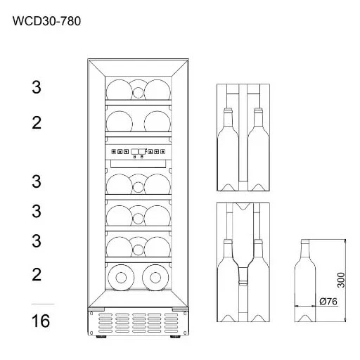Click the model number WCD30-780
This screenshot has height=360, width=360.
pyautogui.click(x=46, y=21)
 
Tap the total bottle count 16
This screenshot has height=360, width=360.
pyautogui.click(x=41, y=321)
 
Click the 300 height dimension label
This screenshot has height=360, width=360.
pyautogui.click(x=341, y=280)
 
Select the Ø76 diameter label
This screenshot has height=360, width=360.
pyautogui.click(x=328, y=302)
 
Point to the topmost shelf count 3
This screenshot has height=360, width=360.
pyautogui.click(x=37, y=87)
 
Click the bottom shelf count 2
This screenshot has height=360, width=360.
pyautogui.click(x=37, y=274)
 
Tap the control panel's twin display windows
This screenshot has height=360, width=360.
pyautogui.click(x=138, y=151)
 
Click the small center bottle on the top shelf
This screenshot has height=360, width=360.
pyautogui.click(x=138, y=92)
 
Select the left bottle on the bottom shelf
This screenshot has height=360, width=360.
pyautogui.click(x=121, y=278)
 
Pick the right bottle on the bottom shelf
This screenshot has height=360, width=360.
pyautogui.click(x=155, y=278)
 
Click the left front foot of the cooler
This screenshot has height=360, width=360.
pyautogui.click(x=101, y=337)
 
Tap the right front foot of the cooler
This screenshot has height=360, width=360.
pyautogui.click(x=175, y=337)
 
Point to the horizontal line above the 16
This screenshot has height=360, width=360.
pyautogui.click(x=43, y=304)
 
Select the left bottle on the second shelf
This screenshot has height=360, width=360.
pyautogui.click(x=120, y=122)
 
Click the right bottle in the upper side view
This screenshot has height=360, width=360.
pyautogui.click(x=258, y=149)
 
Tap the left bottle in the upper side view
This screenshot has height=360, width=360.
pyautogui.click(x=228, y=149)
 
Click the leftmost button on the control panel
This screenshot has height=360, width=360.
pyautogui.click(x=114, y=152)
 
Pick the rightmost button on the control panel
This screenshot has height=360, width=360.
pyautogui.click(x=162, y=152)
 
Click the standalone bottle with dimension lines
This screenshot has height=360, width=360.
pyautogui.click(x=305, y=281)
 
